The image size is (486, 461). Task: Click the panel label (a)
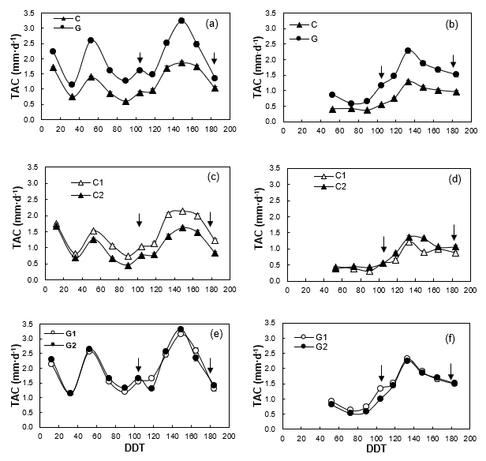coord(211,23)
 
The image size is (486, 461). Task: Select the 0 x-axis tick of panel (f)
coord(287,435)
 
